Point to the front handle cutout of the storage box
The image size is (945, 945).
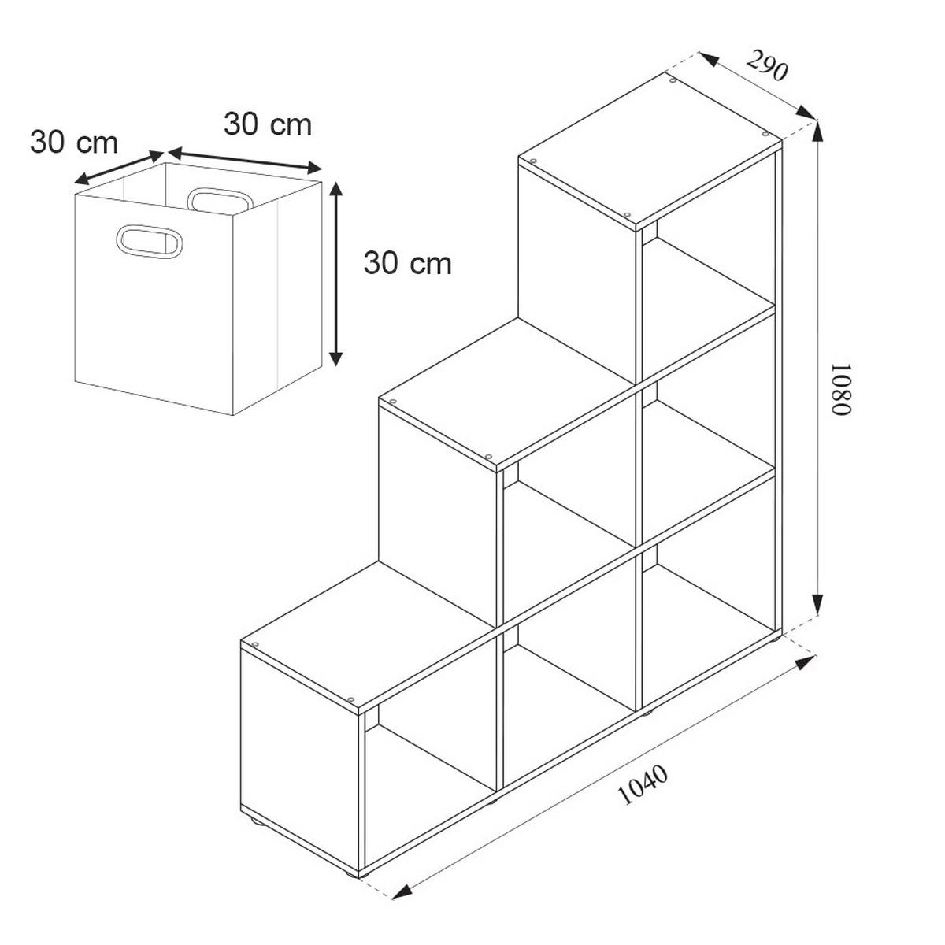click(150, 242)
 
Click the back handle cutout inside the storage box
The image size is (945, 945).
click(219, 199)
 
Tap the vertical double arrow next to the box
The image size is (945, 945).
click(335, 273)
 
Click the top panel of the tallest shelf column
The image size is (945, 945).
click(650, 153)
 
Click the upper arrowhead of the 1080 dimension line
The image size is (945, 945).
click(817, 132)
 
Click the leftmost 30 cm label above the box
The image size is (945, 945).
click(74, 143)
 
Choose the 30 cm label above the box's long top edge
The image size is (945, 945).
click(268, 124)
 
